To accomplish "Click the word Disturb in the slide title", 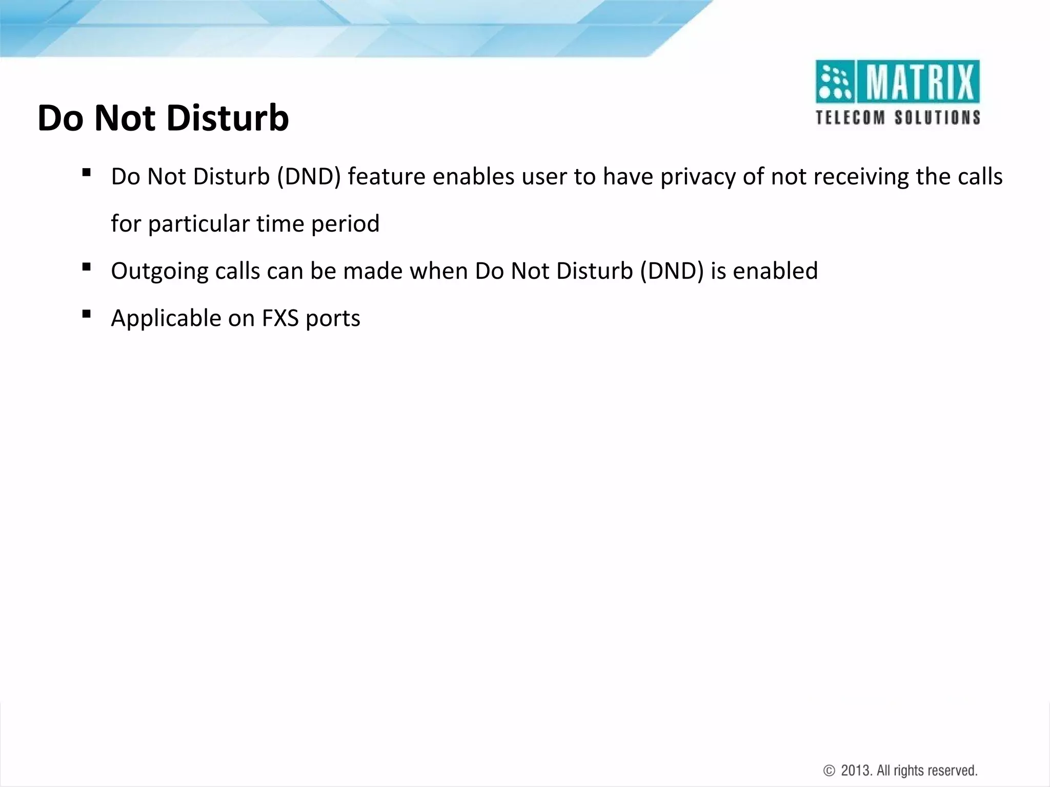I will point(227,118).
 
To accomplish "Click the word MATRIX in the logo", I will point(919,82).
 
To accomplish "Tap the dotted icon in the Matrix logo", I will point(834,82).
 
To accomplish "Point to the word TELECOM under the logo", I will point(851,118).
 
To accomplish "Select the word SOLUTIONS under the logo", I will point(938,118).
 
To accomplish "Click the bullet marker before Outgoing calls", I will point(86,266).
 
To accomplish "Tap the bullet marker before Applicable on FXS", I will point(86,314).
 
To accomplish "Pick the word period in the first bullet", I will point(345,224).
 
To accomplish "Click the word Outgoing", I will point(159,272).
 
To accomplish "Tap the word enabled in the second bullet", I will point(775,271).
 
